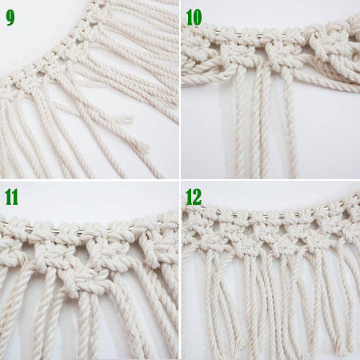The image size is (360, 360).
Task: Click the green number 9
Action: coord(10,17)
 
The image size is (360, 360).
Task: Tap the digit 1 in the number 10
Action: coord(190,17)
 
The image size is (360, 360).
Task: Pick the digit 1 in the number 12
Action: coord(190,197)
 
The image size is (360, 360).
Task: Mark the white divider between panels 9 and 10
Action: coord(180,88)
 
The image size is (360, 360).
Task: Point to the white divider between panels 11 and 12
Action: coord(180,272)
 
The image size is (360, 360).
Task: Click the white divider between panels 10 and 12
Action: coord(270,181)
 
